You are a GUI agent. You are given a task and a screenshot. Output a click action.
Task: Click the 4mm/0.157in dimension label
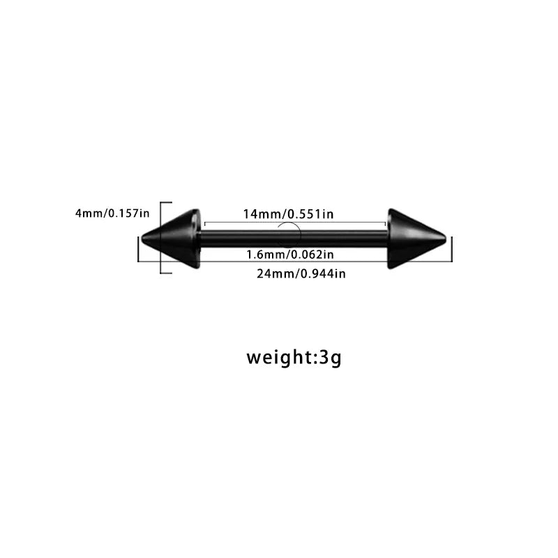(x=112, y=213)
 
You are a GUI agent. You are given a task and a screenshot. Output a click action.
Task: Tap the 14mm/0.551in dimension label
(x=288, y=214)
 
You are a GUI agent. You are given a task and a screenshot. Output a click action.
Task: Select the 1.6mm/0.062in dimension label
(x=290, y=255)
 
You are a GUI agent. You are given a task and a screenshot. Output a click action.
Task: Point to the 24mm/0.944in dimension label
(x=301, y=273)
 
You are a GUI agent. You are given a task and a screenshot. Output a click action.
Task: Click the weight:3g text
(x=294, y=357)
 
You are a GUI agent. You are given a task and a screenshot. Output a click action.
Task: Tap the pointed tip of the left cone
(x=142, y=239)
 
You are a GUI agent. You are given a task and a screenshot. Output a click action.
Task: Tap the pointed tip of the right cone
(x=446, y=239)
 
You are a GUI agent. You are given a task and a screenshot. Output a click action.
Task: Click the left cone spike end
(x=171, y=239)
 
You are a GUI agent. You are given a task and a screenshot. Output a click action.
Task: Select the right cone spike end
(x=416, y=239)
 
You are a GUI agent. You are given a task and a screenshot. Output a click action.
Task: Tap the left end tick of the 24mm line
(x=138, y=249)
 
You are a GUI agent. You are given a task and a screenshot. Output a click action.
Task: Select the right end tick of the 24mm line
(x=452, y=249)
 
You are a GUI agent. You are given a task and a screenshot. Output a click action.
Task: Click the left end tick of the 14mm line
(x=205, y=223)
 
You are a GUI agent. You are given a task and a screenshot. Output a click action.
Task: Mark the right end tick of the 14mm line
(x=386, y=223)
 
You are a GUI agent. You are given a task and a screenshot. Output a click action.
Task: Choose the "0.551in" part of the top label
(x=310, y=214)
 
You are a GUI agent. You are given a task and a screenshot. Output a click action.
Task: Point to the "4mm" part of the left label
(x=89, y=213)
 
